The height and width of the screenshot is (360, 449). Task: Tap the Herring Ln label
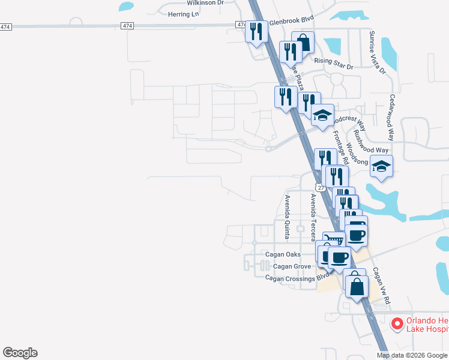183,14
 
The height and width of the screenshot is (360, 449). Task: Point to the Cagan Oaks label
283,254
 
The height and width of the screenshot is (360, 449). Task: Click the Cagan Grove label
292,266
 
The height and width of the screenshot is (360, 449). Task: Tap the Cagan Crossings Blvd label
298,277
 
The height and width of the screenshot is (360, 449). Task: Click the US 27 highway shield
322,188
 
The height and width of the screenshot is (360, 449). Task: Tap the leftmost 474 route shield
5,27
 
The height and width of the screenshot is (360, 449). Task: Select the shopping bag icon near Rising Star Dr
303,42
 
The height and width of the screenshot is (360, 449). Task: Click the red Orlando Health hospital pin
396,324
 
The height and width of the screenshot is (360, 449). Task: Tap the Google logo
20,353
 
